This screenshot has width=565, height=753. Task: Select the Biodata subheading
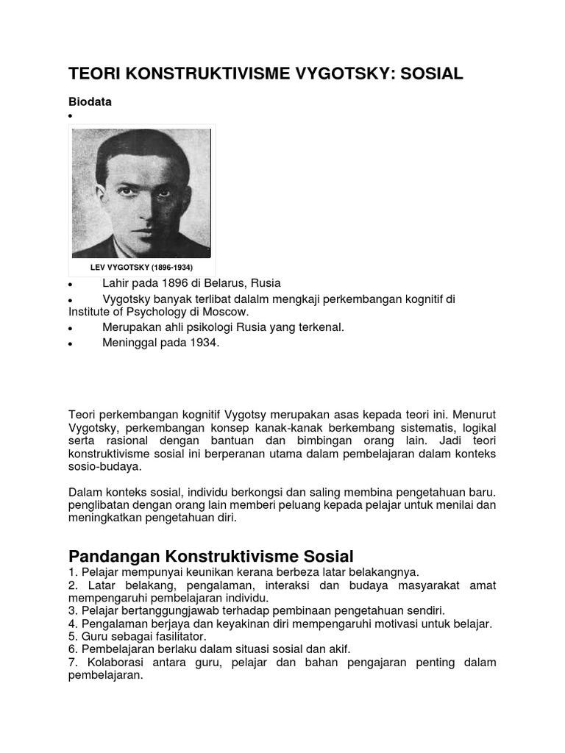(90, 102)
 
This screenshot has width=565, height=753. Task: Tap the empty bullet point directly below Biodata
(71, 116)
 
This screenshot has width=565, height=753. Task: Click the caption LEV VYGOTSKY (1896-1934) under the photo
(142, 267)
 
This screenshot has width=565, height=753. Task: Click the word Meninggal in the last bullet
(129, 343)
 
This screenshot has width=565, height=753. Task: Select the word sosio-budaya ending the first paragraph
(104, 466)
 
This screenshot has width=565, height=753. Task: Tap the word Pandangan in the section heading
(114, 556)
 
